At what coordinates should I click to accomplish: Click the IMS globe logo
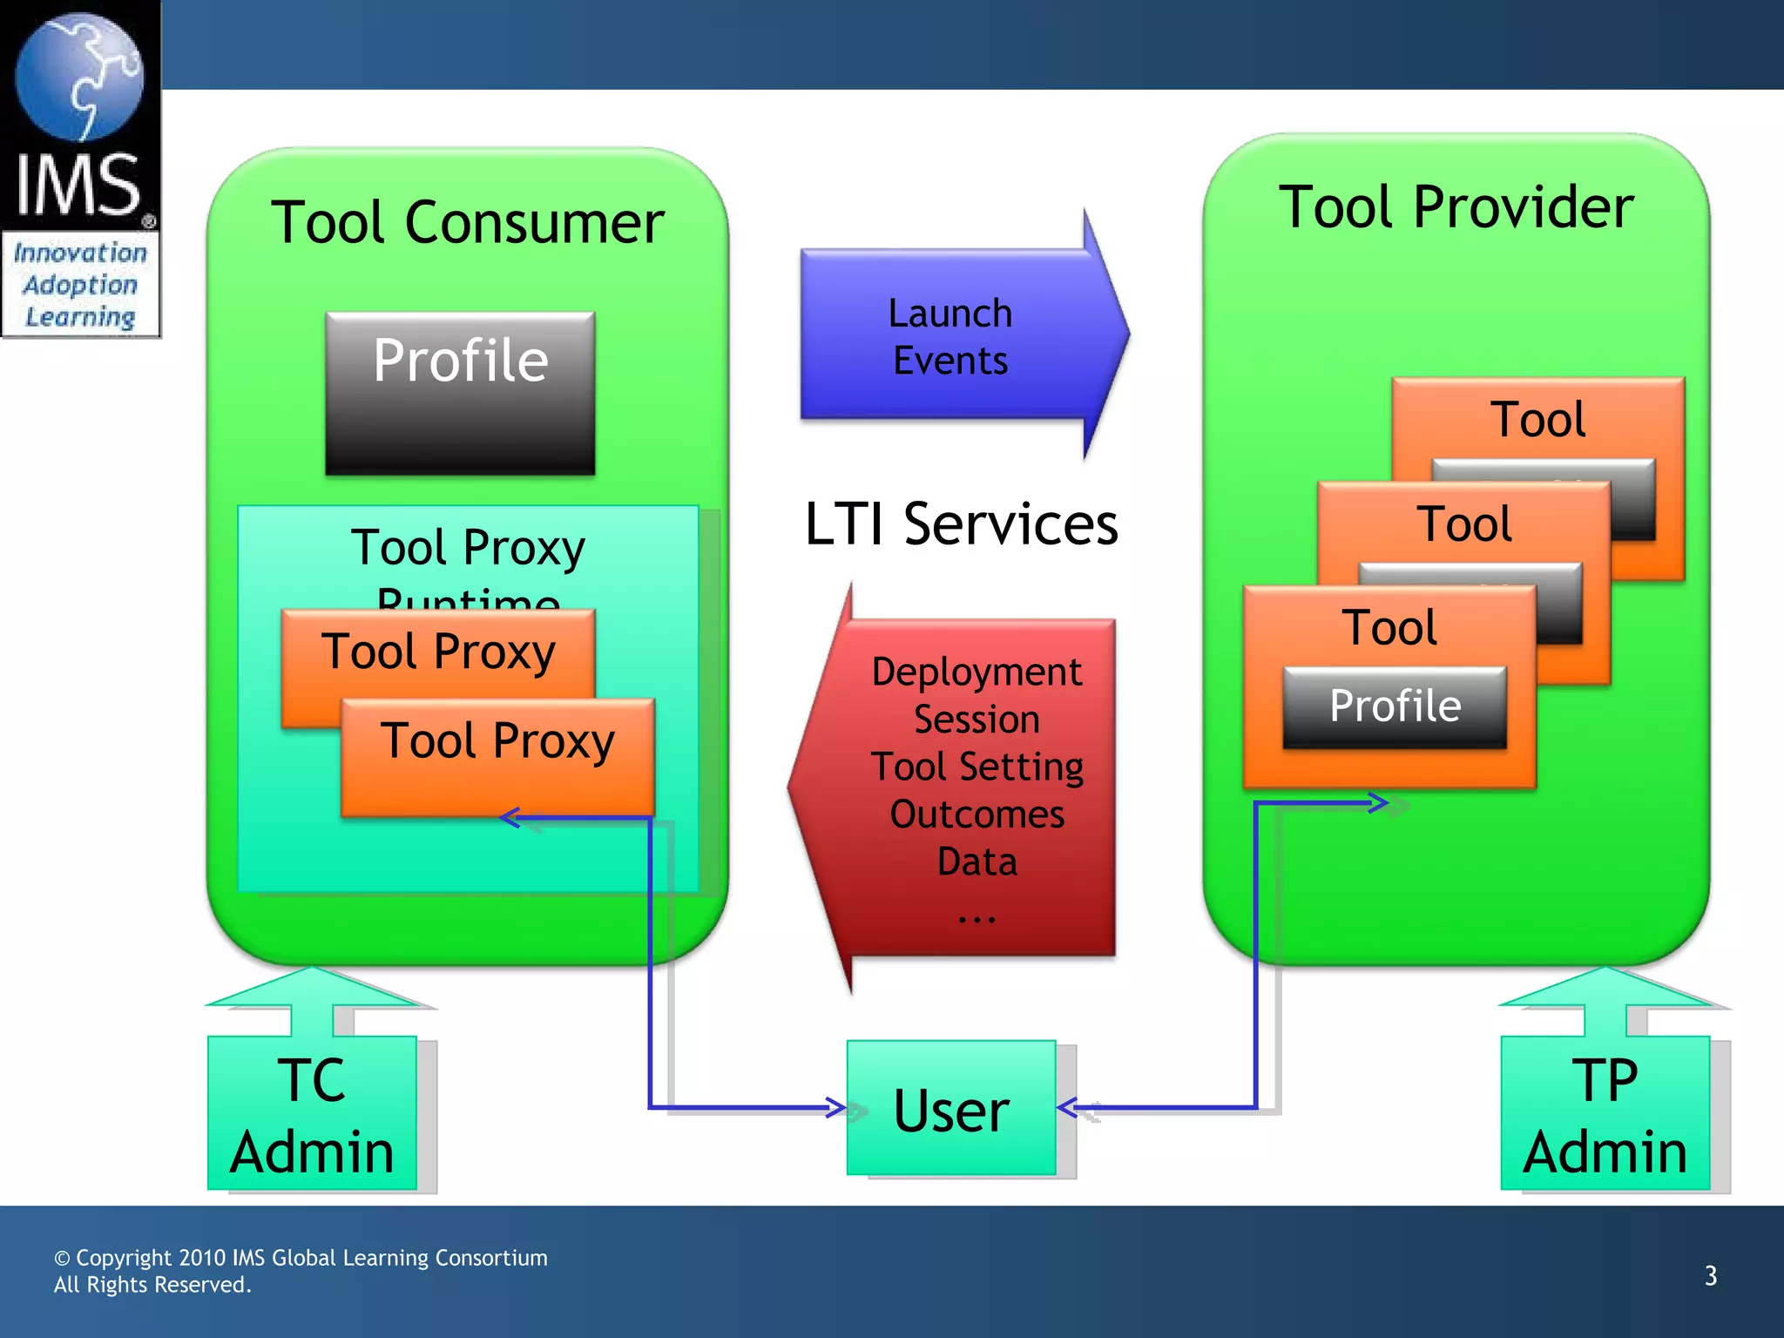click(x=79, y=78)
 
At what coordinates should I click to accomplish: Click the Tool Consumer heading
click(x=468, y=223)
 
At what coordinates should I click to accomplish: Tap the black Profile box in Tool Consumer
click(x=460, y=392)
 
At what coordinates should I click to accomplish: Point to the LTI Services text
click(x=961, y=524)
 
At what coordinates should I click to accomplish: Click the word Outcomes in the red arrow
click(x=976, y=814)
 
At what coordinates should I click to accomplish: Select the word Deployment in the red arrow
click(x=976, y=672)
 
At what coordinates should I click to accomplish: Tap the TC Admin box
click(x=312, y=1115)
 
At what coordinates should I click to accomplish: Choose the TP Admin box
click(x=1605, y=1115)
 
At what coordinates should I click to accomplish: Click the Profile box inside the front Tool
click(x=1395, y=706)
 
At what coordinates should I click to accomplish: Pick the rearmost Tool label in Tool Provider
click(x=1537, y=420)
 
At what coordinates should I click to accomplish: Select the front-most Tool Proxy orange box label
click(x=497, y=741)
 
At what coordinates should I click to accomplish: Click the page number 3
click(x=1710, y=1276)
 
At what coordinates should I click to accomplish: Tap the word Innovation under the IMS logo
click(x=80, y=253)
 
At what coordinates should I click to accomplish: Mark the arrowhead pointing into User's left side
click(x=836, y=1108)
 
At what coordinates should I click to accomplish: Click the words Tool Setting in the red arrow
click(x=976, y=767)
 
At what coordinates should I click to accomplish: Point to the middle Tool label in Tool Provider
click(x=1463, y=524)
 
